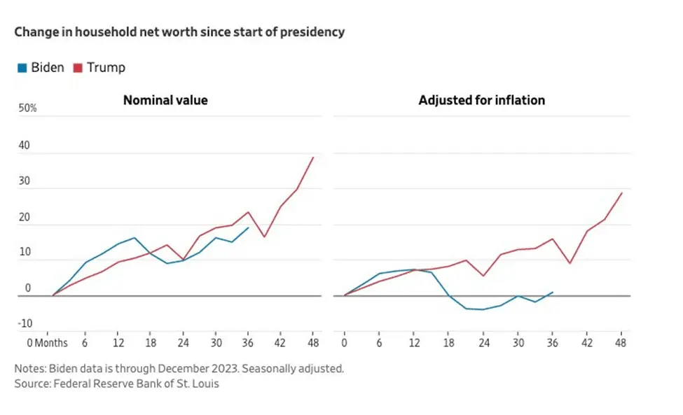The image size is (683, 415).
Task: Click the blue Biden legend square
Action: pos(22,68)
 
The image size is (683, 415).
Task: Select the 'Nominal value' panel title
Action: pos(165,100)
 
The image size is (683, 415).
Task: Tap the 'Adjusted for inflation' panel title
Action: pos(481,100)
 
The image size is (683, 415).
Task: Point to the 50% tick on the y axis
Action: pos(27,108)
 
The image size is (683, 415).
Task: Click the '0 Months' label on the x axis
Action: pos(47,343)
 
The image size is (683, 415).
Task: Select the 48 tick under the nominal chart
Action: pos(314,343)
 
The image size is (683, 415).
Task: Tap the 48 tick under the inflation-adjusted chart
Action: pos(620,343)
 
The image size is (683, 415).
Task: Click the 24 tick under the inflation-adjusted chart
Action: pos(482,343)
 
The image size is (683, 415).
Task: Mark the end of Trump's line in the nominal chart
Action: pos(313,157)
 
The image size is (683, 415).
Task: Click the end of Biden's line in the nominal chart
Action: pos(249,227)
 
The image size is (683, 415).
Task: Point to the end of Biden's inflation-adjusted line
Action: pos(553,292)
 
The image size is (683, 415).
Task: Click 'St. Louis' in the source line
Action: pos(196,384)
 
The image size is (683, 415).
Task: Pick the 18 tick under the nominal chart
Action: pos(150,343)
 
